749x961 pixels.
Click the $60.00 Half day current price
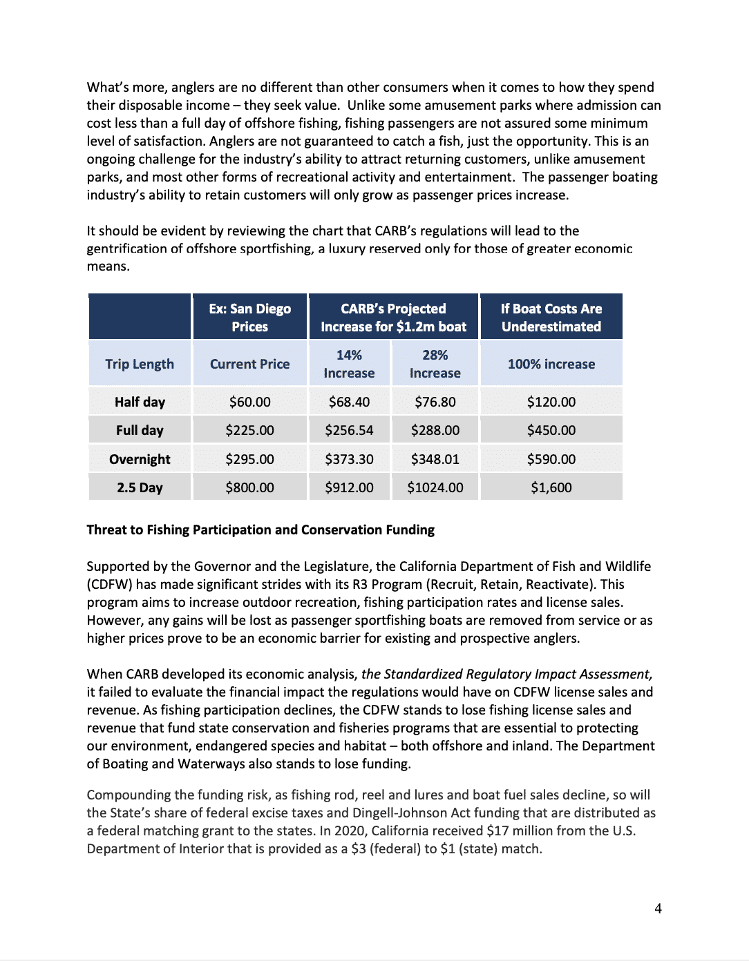click(249, 402)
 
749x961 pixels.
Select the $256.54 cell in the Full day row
click(349, 430)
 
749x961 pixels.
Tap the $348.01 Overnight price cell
click(435, 459)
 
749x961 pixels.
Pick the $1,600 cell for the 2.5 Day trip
click(551, 487)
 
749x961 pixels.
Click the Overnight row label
click(140, 459)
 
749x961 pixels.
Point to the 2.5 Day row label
click(140, 487)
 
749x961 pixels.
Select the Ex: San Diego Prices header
click(249, 318)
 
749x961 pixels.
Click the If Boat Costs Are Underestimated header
click(551, 318)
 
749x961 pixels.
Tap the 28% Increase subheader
click(435, 364)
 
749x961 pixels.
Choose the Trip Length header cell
click(140, 364)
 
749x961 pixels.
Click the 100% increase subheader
click(551, 364)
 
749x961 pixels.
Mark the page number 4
click(658, 909)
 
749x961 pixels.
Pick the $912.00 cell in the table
click(349, 487)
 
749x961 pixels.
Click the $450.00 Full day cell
click(551, 430)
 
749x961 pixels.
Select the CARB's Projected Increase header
click(393, 318)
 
